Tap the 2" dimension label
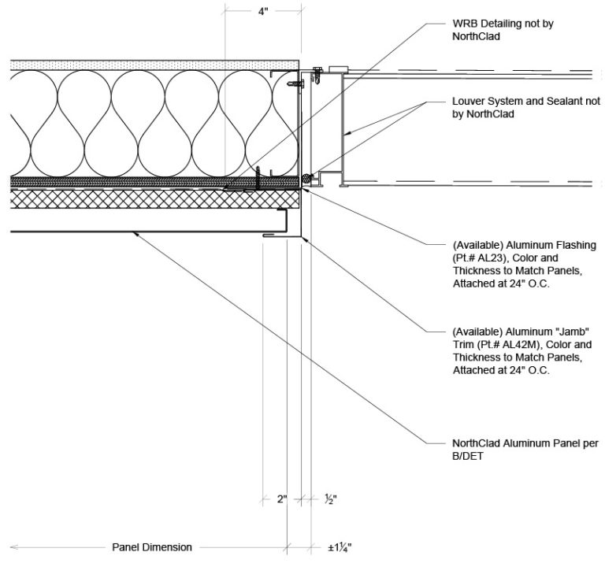point(280,498)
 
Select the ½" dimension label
point(330,498)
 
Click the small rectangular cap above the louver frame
point(338,69)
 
